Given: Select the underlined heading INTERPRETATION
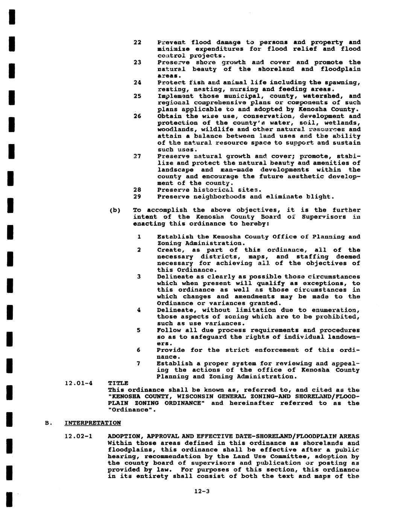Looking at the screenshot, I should click(93, 423).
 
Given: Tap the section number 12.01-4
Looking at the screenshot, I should click(79, 383).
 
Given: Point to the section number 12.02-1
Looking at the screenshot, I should click(79, 437).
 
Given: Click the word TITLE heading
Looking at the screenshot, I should click(118, 383).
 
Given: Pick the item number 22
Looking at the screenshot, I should click(137, 42).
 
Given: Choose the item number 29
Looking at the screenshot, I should click(137, 197).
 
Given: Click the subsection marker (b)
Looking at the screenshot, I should click(114, 210).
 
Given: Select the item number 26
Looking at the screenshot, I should click(137, 116).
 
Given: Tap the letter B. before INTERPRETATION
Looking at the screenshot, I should click(47, 423).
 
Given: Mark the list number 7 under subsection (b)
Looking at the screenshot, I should click(138, 363).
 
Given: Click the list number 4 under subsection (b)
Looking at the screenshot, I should click(138, 310).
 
